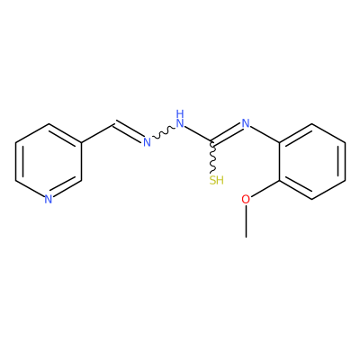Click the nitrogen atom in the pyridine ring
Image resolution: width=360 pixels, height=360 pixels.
[49, 200]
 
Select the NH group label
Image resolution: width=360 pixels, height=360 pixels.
[180, 119]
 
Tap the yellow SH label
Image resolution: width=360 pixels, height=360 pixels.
[216, 180]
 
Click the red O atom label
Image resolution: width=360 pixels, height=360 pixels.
[246, 200]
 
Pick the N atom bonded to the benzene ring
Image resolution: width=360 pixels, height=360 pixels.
[246, 123]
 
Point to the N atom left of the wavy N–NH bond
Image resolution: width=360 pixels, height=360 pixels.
[147, 142]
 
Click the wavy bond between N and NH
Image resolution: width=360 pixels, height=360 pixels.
[164, 132]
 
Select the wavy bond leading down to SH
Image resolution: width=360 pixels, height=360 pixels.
[212, 157]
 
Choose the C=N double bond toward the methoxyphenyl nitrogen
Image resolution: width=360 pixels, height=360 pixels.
[228, 132]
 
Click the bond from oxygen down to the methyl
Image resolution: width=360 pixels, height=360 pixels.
[246, 221]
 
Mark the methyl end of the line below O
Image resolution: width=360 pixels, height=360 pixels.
[246, 237]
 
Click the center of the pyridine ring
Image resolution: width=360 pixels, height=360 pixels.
[49, 161]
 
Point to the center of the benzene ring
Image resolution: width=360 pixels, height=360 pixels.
[312, 161]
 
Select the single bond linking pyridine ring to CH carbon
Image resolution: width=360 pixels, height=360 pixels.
[97, 133]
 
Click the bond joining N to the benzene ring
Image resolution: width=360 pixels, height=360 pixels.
[265, 134]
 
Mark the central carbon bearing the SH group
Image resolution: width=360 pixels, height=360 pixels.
[212, 141]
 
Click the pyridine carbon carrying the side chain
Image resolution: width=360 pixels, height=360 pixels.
[81, 142]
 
